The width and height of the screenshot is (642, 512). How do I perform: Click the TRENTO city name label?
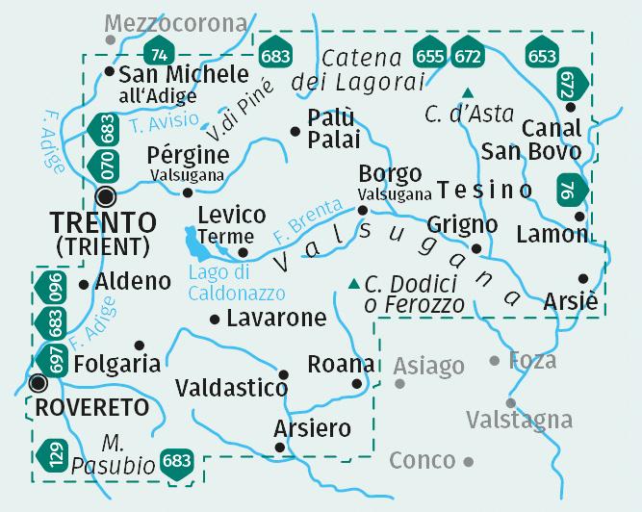103,222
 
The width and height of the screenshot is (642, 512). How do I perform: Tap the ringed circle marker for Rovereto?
38,383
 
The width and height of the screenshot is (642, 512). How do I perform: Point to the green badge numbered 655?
429,56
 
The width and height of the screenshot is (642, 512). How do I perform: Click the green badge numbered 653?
541,56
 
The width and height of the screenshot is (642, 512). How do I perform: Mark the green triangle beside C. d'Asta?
468,92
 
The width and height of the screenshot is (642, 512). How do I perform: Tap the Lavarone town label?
276,318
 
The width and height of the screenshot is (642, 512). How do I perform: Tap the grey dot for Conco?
469,461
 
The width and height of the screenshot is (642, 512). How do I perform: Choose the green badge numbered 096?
55,287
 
